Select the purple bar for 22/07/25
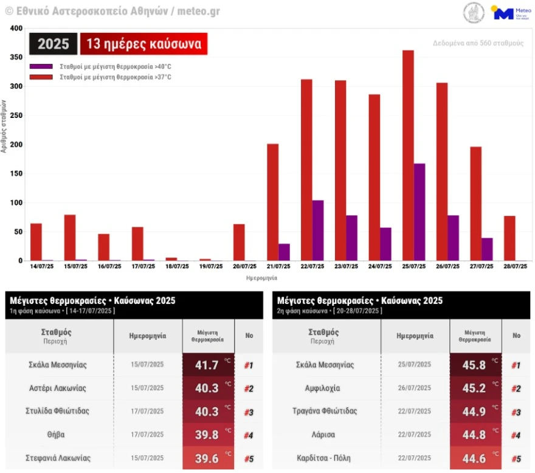[317, 230]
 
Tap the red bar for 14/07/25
[36, 242]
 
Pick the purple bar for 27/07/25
[487, 249]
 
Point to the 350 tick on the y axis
[16, 57]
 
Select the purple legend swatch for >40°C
[42, 66]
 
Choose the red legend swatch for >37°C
[42, 77]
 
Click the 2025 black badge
[53, 44]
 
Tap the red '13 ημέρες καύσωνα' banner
[143, 44]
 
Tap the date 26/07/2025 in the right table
[415, 388]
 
